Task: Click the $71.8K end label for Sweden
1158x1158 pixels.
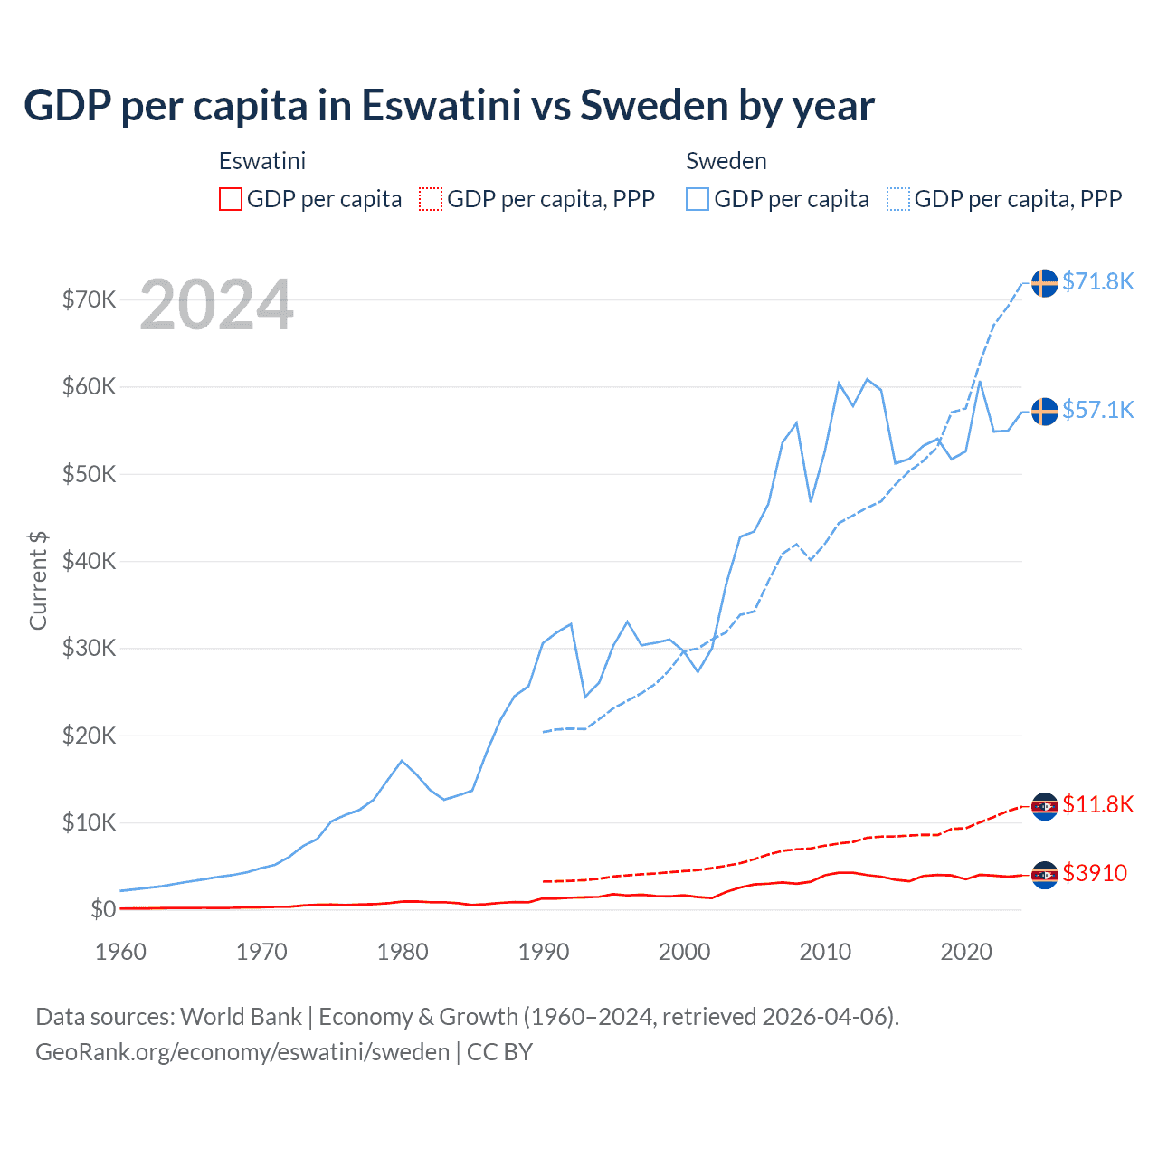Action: click(1097, 281)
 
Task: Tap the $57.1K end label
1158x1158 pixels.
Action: click(1097, 410)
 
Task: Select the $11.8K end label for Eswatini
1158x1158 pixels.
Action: click(1097, 804)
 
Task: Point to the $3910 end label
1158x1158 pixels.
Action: click(1095, 873)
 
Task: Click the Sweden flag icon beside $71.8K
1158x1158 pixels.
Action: click(1045, 283)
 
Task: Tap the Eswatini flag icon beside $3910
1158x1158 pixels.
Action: click(1045, 875)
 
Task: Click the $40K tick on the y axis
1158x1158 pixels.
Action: click(89, 561)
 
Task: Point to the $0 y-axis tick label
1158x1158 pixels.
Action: click(103, 909)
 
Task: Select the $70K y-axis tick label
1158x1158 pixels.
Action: click(89, 299)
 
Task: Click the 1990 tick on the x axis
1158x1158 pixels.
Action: click(544, 952)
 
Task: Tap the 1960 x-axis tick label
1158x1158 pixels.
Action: click(120, 952)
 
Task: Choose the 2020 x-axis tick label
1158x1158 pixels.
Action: click(966, 952)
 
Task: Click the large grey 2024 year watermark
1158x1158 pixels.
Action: click(217, 305)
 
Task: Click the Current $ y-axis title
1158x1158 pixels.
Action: click(38, 581)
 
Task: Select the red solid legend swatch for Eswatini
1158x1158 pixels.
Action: click(231, 199)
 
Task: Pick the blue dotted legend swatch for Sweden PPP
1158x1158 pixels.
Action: click(898, 199)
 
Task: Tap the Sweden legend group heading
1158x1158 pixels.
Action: click(726, 161)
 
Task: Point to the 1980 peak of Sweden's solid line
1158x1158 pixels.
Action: click(402, 761)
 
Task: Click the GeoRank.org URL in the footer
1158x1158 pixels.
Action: click(242, 1052)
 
